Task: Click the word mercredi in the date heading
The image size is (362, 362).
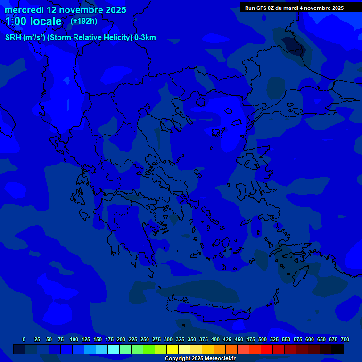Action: click(x=24, y=10)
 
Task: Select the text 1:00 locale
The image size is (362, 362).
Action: click(x=33, y=21)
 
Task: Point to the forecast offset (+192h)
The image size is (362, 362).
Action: click(x=84, y=21)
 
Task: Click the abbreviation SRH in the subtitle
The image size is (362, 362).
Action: click(x=13, y=38)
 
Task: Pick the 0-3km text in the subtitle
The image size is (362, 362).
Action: click(x=145, y=38)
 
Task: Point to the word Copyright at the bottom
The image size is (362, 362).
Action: click(x=178, y=359)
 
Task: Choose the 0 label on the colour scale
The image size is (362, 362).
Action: click(x=24, y=339)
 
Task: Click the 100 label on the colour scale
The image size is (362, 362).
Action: click(x=74, y=339)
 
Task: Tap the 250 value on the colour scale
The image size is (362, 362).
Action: click(x=145, y=339)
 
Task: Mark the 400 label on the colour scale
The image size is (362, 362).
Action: click(x=215, y=339)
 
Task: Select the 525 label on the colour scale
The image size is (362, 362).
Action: click(x=274, y=339)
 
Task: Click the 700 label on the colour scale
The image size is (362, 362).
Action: click(x=345, y=339)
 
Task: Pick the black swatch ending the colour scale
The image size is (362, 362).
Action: click(x=337, y=349)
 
